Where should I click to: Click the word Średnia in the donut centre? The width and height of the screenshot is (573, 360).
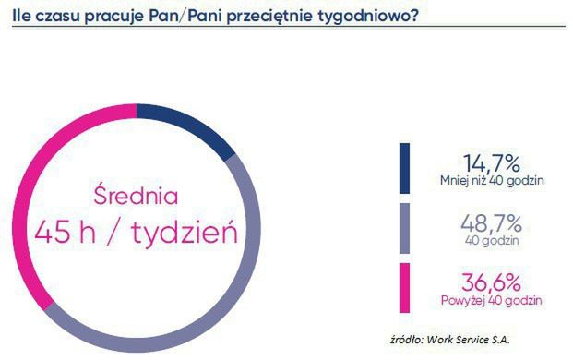tap(136, 197)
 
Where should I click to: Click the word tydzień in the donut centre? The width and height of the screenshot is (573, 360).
tap(184, 232)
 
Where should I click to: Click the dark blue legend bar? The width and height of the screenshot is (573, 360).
tap(404, 168)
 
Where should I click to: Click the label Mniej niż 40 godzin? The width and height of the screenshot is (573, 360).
tap(492, 180)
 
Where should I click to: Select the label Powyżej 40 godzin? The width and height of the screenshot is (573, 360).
tap(492, 301)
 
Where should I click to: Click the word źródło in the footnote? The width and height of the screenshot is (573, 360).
tap(412, 337)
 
